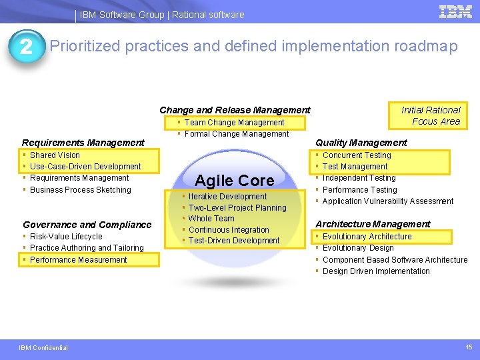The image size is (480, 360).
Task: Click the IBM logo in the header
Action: [455, 12]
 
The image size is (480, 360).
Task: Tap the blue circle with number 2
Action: [27, 47]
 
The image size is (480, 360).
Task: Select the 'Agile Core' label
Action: [235, 180]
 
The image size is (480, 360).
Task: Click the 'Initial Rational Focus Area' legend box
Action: [428, 116]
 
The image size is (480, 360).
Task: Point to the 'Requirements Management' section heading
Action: [83, 143]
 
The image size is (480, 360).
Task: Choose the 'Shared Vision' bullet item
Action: [55, 155]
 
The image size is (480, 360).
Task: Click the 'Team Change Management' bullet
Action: [234, 123]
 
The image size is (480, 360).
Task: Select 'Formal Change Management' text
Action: [236, 134]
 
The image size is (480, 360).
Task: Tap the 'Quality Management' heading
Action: [361, 143]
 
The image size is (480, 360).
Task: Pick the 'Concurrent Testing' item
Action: [357, 155]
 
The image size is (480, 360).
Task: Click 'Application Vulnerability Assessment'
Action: [388, 201]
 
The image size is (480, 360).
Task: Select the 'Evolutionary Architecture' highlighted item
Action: [367, 236]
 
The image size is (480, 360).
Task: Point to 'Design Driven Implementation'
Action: [376, 271]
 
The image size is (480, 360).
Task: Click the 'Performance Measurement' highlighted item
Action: [79, 260]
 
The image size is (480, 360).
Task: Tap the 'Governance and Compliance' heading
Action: [87, 225]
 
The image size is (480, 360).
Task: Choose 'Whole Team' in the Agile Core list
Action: [211, 219]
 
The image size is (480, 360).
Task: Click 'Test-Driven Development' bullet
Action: [234, 241]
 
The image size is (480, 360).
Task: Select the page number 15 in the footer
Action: [469, 347]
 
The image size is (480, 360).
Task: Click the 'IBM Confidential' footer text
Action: [43, 348]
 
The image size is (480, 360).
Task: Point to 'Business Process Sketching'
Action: [81, 190]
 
